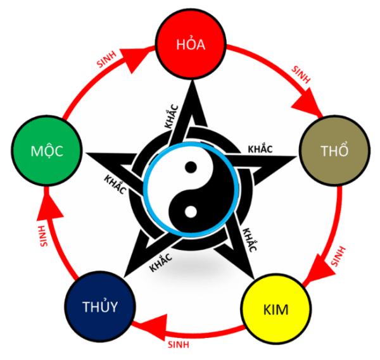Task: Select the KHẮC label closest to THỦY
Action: pyautogui.click(x=162, y=259)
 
